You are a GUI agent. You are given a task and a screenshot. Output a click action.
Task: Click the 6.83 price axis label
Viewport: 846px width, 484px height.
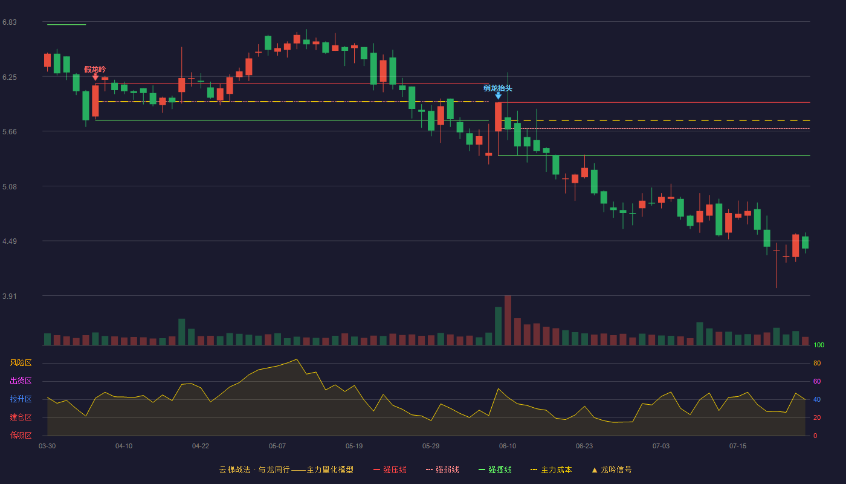10,22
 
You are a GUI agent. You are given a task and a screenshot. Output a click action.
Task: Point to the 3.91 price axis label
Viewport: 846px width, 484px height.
10,296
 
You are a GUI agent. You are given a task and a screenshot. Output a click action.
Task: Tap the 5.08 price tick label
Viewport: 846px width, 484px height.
10,187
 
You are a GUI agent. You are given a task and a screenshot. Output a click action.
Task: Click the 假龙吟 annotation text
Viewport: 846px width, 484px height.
95,69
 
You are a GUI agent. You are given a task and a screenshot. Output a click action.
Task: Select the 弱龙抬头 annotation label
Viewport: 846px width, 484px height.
498,88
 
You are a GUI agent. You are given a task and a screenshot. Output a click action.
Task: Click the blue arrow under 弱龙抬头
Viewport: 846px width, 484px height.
498,96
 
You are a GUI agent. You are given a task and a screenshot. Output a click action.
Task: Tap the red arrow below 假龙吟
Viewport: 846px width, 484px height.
95,77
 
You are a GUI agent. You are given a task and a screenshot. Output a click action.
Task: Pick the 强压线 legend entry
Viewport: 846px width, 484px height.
390,469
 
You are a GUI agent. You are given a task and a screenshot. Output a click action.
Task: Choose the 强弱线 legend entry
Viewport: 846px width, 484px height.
442,469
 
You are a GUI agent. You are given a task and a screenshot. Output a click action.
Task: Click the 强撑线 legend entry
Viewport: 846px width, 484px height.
495,469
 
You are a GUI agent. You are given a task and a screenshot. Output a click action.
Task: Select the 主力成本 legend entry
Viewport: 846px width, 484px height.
551,469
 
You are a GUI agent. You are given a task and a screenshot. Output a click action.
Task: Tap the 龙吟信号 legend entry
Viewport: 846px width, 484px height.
612,469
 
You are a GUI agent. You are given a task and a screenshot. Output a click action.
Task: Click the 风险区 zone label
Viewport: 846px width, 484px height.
21,363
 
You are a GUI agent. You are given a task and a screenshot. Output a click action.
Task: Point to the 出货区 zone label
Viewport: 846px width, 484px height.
21,381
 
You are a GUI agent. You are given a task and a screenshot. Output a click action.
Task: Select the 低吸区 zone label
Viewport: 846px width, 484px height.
21,435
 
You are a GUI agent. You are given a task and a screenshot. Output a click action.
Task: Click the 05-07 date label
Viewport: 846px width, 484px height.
277,446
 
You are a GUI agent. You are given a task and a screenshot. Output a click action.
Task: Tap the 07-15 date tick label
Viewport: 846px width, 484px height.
738,446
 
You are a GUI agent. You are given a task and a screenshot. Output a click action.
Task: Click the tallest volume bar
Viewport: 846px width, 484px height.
508,320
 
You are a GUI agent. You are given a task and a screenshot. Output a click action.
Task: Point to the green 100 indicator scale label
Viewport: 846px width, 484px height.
819,345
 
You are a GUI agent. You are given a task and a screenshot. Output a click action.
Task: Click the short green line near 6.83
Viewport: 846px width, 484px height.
66,25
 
